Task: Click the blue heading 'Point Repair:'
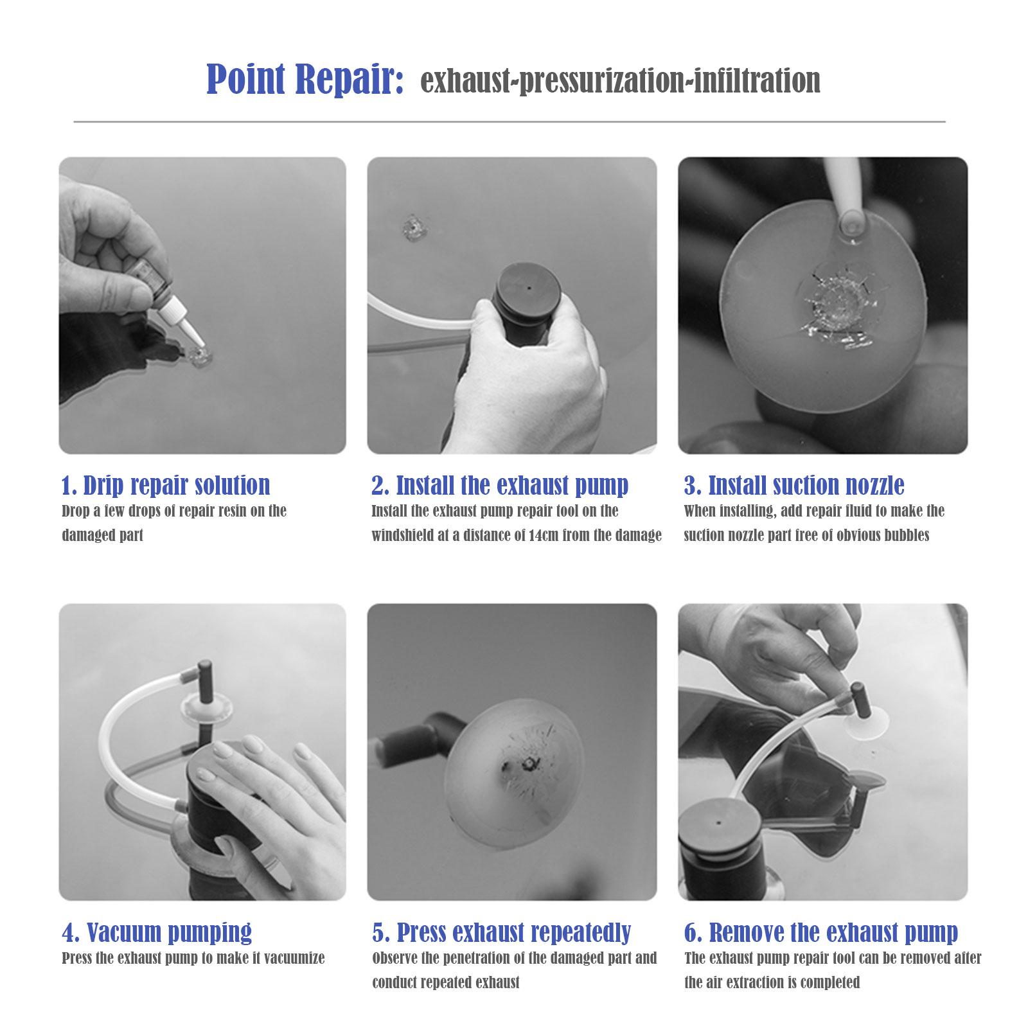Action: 305,80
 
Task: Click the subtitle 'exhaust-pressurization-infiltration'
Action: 620,82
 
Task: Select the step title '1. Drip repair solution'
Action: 166,486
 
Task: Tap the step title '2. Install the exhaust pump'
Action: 500,486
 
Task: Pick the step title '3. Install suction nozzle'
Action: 794,486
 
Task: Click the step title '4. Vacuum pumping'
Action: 157,932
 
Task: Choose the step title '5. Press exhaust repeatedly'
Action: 501,932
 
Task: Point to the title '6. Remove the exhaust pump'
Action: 821,932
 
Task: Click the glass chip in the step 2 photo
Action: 411,228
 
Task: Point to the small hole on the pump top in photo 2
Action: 529,289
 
